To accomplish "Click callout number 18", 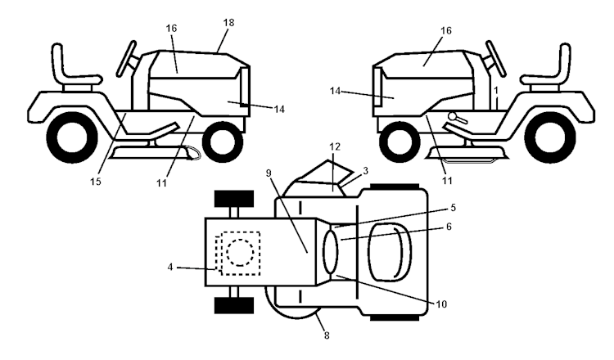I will coord(228,23).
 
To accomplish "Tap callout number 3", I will coord(366,169).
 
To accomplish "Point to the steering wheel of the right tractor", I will coord(493,54).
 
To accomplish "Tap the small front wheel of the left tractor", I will coord(222,141).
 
